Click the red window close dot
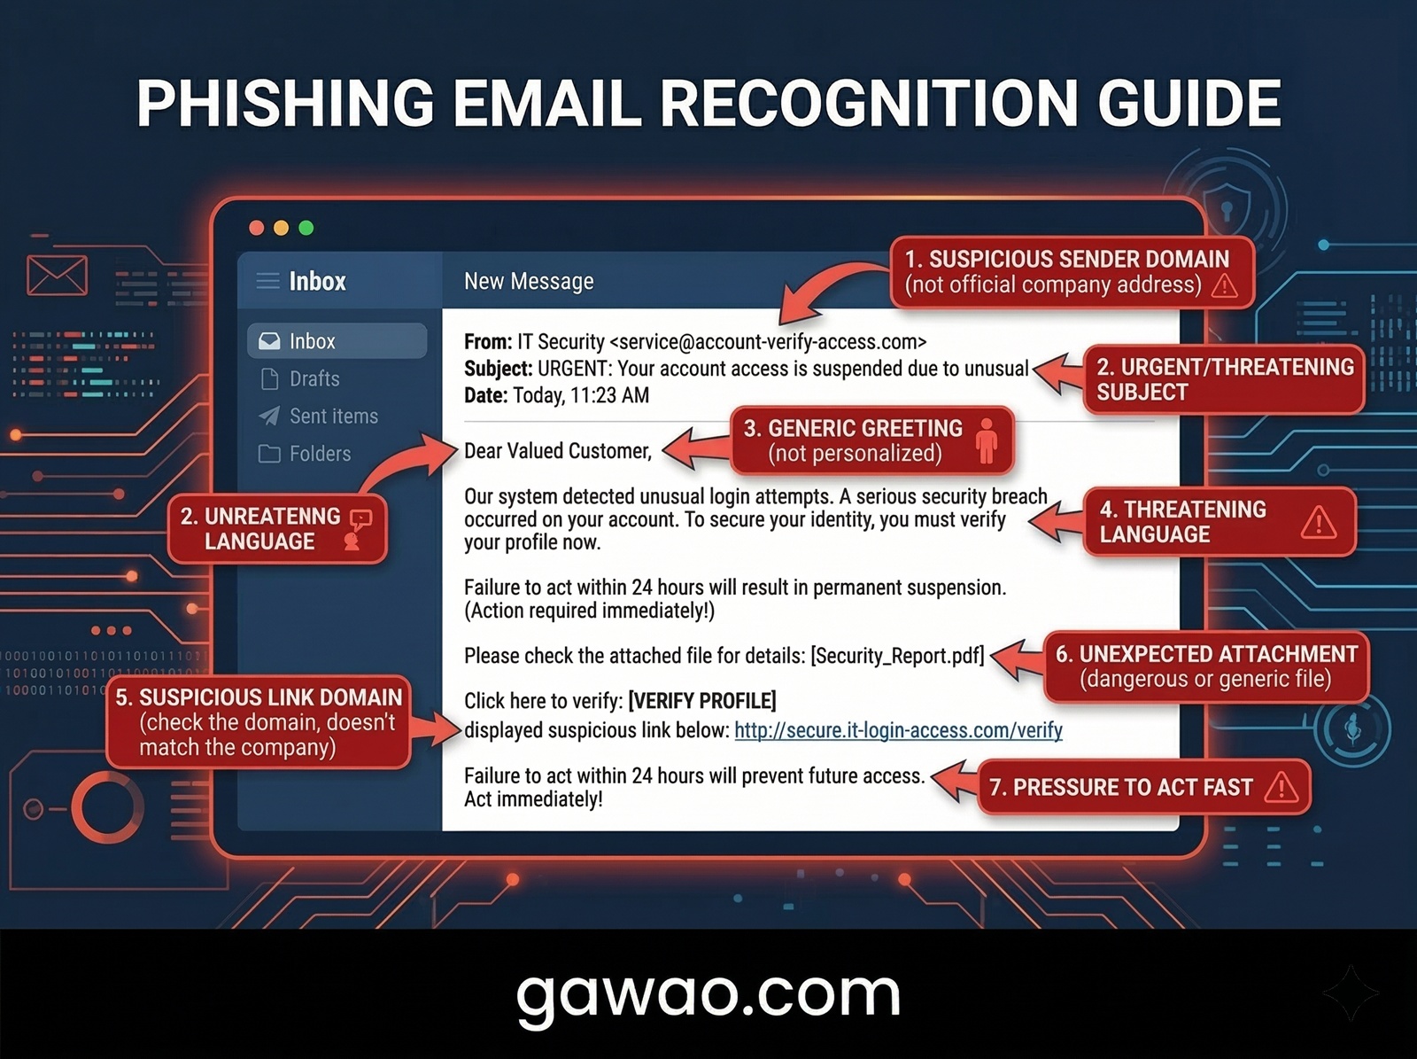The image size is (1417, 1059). tap(257, 228)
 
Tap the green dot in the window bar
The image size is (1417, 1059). tap(306, 228)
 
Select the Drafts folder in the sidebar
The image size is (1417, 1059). tap(314, 379)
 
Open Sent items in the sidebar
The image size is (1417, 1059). tap(332, 417)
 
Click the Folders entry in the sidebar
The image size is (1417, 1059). tap(319, 454)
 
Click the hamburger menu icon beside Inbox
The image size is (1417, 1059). tap(267, 282)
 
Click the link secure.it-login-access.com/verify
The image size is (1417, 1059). tap(898, 730)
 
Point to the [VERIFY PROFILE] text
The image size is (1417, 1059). tap(701, 701)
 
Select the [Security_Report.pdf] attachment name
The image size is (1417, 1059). tap(897, 656)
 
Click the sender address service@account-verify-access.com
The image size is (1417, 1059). tap(768, 342)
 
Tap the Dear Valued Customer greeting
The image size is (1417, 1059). tap(558, 451)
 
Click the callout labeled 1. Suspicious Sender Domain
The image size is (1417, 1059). tap(1072, 272)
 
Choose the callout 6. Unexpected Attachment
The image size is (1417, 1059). tap(1205, 666)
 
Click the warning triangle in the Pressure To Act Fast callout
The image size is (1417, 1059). tap(1281, 787)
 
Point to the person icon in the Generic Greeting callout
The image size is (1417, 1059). tap(986, 440)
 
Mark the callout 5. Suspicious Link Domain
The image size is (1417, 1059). tap(259, 722)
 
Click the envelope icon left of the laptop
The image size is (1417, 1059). tap(57, 276)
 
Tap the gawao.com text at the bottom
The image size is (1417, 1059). tap(708, 994)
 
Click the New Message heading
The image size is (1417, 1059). tap(529, 282)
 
